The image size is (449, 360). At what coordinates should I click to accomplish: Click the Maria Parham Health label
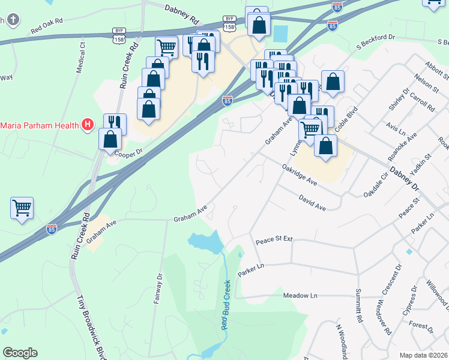(40, 125)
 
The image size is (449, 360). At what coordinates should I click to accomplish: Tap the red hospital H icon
(88, 125)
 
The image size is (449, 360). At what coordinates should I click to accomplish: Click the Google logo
(20, 353)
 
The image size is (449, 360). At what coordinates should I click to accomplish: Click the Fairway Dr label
(158, 289)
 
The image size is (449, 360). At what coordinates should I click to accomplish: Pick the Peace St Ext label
(274, 239)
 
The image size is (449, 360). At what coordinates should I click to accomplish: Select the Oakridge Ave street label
(299, 176)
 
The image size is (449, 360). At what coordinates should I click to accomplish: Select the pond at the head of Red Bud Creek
(205, 242)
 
